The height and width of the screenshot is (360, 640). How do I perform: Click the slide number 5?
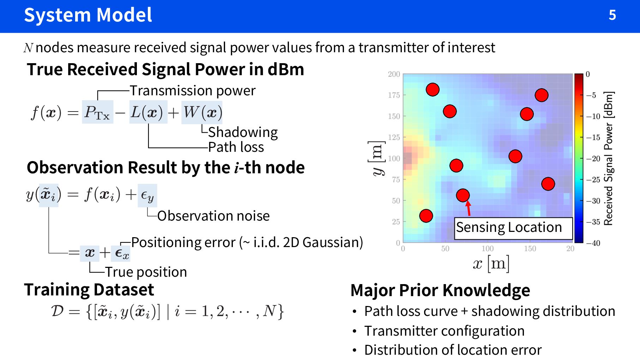612,15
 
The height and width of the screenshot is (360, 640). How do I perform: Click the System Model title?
88,15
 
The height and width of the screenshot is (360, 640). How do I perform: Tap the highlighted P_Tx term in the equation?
97,112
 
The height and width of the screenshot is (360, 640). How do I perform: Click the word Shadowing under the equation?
243,132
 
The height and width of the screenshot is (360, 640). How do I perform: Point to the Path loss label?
236,147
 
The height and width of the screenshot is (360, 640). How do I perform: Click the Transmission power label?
192,91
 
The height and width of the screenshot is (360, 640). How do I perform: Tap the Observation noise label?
213,216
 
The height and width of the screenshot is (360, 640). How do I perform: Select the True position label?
146,272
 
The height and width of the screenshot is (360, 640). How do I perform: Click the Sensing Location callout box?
513,228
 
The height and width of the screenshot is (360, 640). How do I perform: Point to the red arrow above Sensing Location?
468,208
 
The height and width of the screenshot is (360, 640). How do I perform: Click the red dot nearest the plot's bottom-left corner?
426,216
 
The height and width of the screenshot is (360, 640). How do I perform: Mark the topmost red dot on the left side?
433,90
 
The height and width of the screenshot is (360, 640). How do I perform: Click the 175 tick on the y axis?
394,95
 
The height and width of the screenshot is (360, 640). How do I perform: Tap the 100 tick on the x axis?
488,248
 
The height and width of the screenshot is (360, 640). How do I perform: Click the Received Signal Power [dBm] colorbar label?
609,158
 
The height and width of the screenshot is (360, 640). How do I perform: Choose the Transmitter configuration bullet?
444,331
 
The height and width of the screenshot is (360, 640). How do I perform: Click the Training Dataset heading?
89,290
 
